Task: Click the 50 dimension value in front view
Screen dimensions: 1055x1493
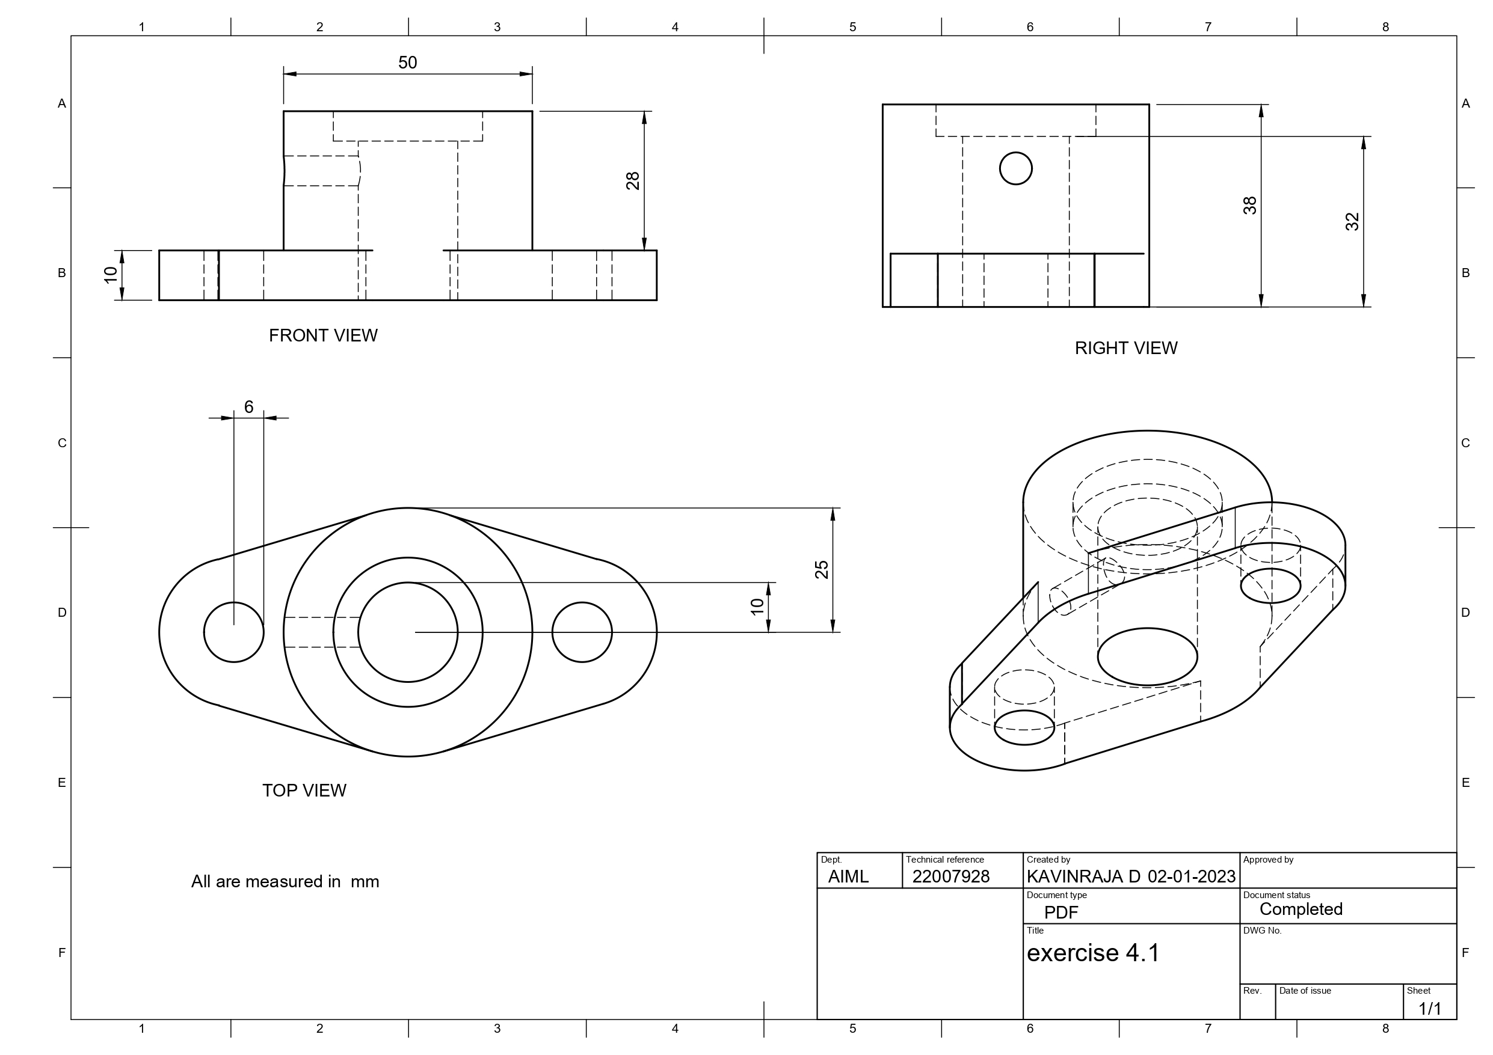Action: click(x=407, y=63)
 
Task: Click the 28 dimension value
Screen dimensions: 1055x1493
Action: click(x=632, y=181)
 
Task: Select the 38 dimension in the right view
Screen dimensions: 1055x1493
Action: click(x=1249, y=206)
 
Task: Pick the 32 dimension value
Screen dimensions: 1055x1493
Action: click(x=1352, y=222)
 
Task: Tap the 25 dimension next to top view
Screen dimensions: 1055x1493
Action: click(x=821, y=569)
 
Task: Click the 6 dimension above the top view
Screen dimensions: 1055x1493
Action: click(x=248, y=407)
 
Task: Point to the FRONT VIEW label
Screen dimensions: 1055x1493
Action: click(x=323, y=335)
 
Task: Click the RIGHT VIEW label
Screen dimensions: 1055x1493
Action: click(x=1125, y=349)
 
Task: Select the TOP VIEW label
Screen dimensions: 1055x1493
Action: click(x=304, y=790)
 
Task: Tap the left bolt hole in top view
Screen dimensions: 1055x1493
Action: click(x=233, y=632)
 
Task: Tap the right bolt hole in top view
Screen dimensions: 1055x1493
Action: click(x=582, y=632)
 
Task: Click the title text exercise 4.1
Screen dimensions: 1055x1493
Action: click(x=1092, y=953)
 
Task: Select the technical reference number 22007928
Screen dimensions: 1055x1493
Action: click(x=950, y=877)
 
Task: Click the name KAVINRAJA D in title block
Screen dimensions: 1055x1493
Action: click(x=1083, y=877)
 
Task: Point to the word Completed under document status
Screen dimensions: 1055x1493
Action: click(x=1301, y=910)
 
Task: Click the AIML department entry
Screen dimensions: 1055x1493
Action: click(x=848, y=877)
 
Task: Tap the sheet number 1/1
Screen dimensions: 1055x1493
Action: click(x=1429, y=1009)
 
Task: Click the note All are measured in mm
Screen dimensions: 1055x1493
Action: click(x=285, y=882)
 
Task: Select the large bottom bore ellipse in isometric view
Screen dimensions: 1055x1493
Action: click(x=1147, y=656)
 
